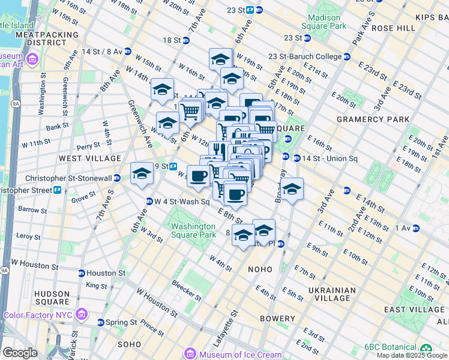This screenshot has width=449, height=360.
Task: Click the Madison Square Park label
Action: [327, 22]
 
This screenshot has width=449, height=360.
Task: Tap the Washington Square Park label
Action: [193, 230]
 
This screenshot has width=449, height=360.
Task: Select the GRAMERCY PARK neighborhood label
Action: [372, 119]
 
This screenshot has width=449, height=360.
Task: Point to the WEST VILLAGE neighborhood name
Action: [90, 158]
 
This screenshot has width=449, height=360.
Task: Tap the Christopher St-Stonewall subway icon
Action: [117, 178]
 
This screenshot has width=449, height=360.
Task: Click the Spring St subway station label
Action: [122, 322]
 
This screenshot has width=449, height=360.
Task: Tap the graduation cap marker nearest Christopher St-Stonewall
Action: [142, 173]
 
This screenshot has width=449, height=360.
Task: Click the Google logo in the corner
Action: [20, 353]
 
